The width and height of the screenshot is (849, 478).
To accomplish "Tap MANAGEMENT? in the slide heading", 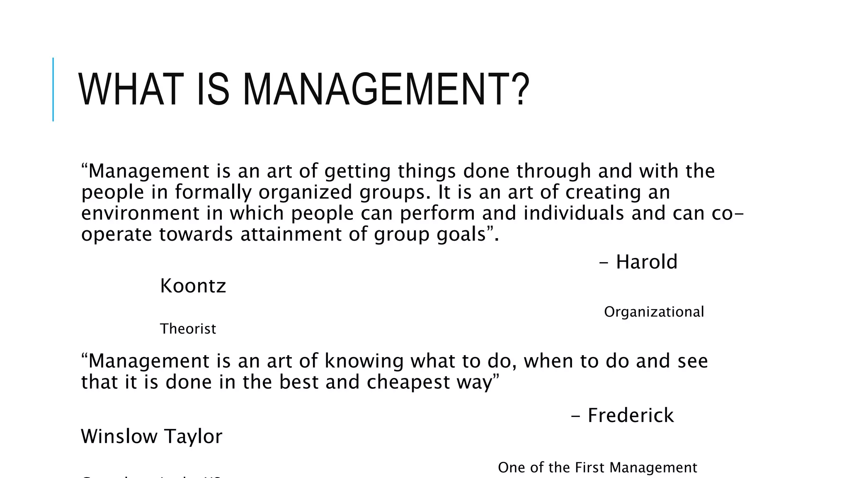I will pos(386,90).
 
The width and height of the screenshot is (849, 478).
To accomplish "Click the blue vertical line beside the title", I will pos(53,90).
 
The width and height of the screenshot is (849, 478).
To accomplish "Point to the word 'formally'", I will pos(213,192).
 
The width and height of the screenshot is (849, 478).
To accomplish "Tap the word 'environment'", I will pos(140,213).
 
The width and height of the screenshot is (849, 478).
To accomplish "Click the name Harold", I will pos(646,262).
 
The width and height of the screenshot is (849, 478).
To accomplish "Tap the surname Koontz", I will pos(193,286).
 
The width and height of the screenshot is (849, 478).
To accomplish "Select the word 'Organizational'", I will pos(654,312).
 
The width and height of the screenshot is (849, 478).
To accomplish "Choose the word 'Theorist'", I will pos(188,329).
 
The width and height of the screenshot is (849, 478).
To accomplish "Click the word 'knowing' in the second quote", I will pos(364,361).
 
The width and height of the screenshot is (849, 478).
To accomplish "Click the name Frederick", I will pos(631,415).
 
